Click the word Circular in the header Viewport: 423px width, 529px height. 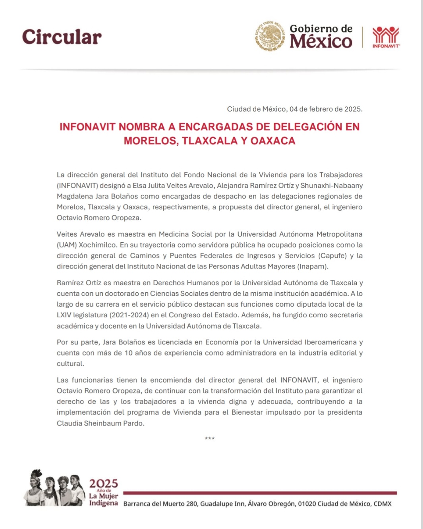(x=62, y=37)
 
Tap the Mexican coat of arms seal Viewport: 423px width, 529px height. (x=270, y=36)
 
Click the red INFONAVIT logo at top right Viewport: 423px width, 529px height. (x=386, y=37)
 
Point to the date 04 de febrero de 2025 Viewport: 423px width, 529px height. (x=326, y=109)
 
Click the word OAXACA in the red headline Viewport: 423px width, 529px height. (x=273, y=141)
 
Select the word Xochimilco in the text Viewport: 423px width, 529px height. (x=97, y=245)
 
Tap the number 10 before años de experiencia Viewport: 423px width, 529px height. (x=128, y=353)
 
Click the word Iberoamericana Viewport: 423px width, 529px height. (x=330, y=342)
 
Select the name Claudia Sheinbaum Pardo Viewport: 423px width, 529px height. (x=100, y=423)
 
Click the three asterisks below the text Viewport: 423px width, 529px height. (x=210, y=438)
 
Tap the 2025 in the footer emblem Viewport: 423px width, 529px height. (x=103, y=483)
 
